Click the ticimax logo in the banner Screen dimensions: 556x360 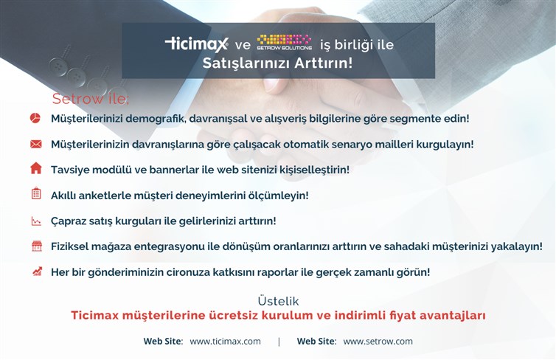197,44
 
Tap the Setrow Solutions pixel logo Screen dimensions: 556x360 285,42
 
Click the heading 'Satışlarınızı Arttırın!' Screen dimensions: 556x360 278,63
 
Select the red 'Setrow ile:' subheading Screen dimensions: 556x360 91,99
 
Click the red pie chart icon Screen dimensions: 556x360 35,118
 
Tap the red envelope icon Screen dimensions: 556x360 36,144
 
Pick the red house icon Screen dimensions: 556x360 36,168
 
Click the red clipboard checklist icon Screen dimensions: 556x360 36,193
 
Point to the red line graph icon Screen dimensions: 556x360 36,221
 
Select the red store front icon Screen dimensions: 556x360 37,246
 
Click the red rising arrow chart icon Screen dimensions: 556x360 37,271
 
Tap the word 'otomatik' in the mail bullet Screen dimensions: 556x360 306,145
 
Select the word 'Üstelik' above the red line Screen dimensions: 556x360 278,301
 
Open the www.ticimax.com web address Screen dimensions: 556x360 225,342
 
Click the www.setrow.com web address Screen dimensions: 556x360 378,342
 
